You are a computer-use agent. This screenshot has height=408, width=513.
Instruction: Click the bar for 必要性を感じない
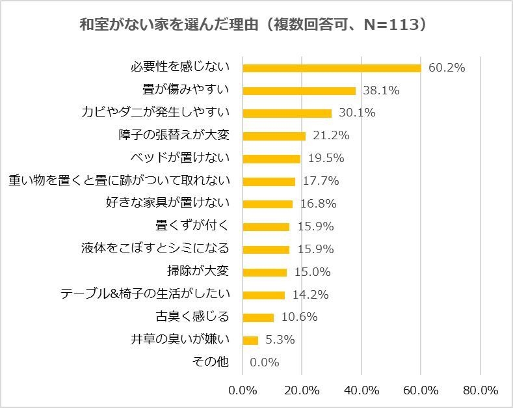click(x=332, y=68)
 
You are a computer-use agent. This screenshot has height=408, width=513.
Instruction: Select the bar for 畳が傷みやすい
click(x=299, y=90)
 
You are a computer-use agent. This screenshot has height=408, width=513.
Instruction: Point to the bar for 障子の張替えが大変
click(x=274, y=136)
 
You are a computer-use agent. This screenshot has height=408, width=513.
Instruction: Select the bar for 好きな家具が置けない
click(x=267, y=204)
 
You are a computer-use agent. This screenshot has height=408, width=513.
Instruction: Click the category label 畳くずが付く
click(x=192, y=226)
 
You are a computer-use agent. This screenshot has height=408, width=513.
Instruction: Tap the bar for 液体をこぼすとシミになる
click(x=266, y=249)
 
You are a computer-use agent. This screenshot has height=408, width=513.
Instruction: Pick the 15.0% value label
click(x=313, y=272)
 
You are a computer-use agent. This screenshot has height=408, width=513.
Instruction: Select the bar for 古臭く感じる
click(x=258, y=317)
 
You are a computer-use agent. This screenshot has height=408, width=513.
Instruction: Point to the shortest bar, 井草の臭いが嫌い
click(x=250, y=340)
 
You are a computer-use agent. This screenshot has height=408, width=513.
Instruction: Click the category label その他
click(x=211, y=362)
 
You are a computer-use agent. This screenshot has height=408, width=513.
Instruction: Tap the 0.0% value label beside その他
click(x=264, y=362)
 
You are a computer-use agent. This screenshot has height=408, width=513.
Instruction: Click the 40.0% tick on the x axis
click(x=361, y=390)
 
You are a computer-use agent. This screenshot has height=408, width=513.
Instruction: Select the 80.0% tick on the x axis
click(x=480, y=390)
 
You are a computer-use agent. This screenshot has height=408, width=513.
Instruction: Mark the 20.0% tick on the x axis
click(x=302, y=390)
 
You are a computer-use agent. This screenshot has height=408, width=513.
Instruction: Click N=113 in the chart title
click(x=385, y=25)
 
